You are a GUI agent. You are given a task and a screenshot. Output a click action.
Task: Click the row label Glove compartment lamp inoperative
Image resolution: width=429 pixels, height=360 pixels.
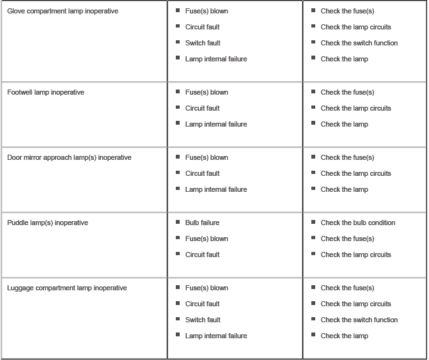click(x=63, y=12)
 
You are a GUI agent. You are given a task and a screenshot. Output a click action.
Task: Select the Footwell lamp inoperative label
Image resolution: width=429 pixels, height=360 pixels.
click(x=45, y=92)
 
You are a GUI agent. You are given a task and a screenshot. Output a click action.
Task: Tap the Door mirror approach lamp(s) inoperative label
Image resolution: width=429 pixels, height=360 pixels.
click(x=69, y=157)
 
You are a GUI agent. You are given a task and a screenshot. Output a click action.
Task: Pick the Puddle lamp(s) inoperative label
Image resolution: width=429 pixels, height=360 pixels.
click(x=47, y=223)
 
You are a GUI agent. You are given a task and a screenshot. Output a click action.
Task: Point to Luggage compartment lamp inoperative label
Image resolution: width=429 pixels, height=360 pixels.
click(x=67, y=288)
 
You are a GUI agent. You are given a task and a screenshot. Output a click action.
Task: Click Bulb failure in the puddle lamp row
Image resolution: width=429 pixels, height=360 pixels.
click(x=202, y=223)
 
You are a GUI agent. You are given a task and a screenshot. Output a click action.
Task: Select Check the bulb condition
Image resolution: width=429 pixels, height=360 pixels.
click(x=358, y=223)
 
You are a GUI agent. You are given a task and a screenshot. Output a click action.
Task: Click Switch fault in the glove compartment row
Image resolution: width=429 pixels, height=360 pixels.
click(x=203, y=43)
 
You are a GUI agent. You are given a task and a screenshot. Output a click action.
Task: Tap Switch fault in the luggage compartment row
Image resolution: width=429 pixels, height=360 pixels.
click(x=203, y=320)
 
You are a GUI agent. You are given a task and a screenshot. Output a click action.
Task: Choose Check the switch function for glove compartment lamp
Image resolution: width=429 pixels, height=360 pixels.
click(x=359, y=43)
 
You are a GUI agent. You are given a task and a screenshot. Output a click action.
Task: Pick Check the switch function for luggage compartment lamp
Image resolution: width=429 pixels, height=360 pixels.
click(x=359, y=320)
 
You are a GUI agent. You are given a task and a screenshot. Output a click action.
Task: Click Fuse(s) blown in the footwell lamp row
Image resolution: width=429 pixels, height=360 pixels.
click(x=207, y=92)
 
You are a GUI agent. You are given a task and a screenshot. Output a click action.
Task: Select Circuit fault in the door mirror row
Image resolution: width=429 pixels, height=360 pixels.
click(x=202, y=173)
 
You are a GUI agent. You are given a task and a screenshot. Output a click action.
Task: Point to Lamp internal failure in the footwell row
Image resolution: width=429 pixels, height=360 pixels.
click(x=216, y=124)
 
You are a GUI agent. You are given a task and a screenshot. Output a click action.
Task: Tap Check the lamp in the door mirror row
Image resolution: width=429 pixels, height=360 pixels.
click(x=345, y=189)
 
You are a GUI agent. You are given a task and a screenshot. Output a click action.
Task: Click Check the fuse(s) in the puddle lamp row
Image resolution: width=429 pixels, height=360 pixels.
click(x=347, y=239)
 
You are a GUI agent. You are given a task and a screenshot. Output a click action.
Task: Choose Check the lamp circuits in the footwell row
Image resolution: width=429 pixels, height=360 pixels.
click(x=355, y=108)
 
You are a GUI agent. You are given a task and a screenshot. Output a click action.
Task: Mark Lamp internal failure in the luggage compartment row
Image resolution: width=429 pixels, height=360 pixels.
click(x=216, y=336)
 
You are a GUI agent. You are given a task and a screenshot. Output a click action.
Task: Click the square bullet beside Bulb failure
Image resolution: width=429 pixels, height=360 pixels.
click(x=178, y=222)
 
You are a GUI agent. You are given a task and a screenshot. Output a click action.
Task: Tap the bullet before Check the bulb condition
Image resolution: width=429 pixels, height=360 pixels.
click(x=313, y=222)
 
